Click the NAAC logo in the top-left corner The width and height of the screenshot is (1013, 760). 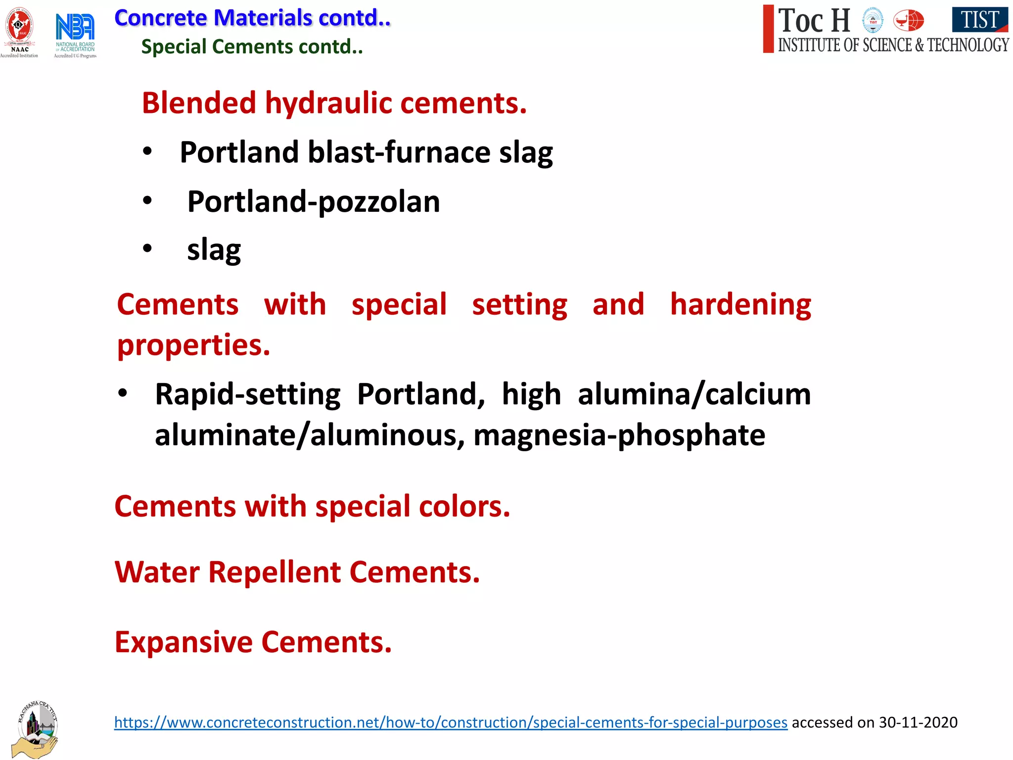click(x=19, y=30)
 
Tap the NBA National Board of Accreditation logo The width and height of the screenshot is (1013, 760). click(x=75, y=33)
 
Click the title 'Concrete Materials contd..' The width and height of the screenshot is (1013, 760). click(x=252, y=18)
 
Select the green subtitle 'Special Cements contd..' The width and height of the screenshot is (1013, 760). click(x=252, y=47)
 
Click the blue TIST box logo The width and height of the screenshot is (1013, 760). click(x=979, y=20)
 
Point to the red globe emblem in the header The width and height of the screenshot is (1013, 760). click(x=909, y=21)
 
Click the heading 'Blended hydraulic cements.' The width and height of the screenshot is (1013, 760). click(x=334, y=103)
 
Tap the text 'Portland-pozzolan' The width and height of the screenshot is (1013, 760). click(x=314, y=202)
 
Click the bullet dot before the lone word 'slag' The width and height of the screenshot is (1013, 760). click(x=147, y=248)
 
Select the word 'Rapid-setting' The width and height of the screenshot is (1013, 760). click(x=248, y=394)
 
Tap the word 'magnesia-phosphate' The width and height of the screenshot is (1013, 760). click(x=619, y=435)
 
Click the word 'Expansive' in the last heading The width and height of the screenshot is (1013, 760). click(x=184, y=642)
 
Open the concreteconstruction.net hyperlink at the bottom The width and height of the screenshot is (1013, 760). click(x=451, y=722)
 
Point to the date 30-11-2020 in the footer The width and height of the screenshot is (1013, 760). click(x=918, y=722)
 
